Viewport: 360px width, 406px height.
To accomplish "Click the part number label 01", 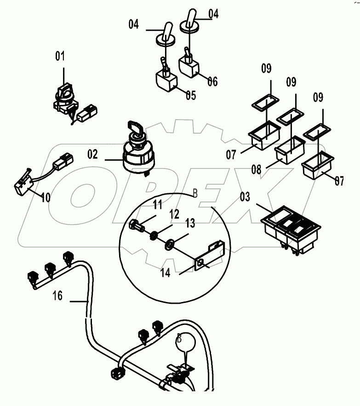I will tap(60, 57).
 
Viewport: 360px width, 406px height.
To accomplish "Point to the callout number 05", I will tap(190, 95).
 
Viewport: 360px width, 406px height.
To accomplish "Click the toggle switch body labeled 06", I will tap(189, 69).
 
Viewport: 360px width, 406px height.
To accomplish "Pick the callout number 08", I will tap(256, 169).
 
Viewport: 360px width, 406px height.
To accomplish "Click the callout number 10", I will tap(45, 198).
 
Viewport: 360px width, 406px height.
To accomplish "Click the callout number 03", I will tap(245, 197).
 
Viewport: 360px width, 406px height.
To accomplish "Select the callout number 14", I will tap(166, 273).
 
